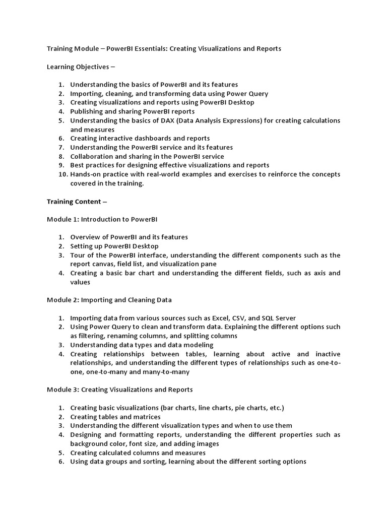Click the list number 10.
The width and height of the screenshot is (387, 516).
(x=61, y=174)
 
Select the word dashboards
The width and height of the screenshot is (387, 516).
(x=149, y=139)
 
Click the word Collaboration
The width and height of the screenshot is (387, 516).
(x=91, y=157)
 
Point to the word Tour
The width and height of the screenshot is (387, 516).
(x=78, y=255)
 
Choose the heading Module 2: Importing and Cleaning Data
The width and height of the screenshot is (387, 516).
(x=109, y=300)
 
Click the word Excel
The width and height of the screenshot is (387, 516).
(x=221, y=318)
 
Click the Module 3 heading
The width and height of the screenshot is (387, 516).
(x=119, y=390)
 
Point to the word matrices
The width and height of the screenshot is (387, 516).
(x=147, y=417)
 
